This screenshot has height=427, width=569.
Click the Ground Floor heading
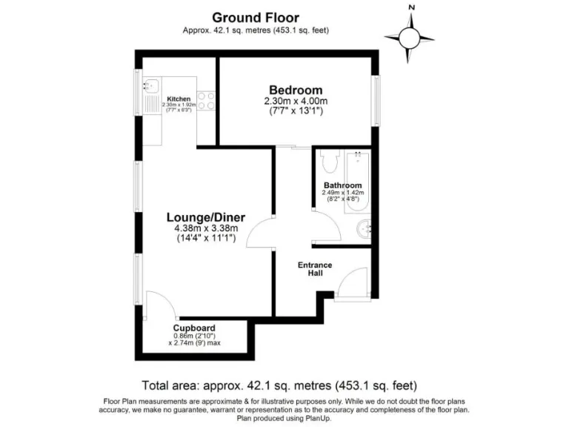[256, 16]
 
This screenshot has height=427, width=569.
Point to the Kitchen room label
[179, 99]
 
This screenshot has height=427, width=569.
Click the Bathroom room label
[342, 185]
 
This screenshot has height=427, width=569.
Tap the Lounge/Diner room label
[205, 217]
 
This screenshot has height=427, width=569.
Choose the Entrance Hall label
[314, 269]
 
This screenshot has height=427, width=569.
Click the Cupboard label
[194, 327]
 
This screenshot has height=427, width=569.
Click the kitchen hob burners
[205, 101]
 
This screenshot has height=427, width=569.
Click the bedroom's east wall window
[376, 101]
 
